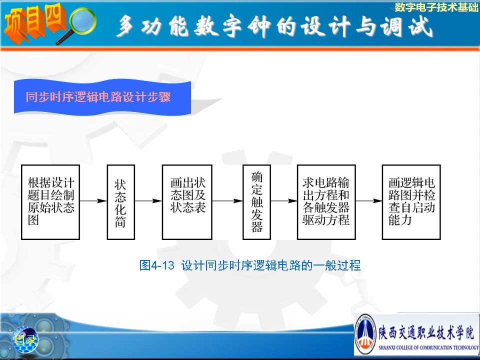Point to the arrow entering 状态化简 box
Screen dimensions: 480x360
93,201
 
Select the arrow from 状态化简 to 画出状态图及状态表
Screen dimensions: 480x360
148,201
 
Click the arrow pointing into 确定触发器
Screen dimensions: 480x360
227,201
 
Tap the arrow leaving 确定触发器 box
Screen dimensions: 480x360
284,201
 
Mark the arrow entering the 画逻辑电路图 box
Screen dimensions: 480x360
368,201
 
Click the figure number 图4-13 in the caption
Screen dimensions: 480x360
156,265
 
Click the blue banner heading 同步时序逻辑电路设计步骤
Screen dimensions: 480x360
98,96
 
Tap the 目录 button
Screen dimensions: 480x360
25,339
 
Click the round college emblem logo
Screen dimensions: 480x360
366,334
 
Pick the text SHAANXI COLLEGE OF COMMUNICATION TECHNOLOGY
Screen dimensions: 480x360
428,347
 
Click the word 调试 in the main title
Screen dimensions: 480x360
406,26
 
